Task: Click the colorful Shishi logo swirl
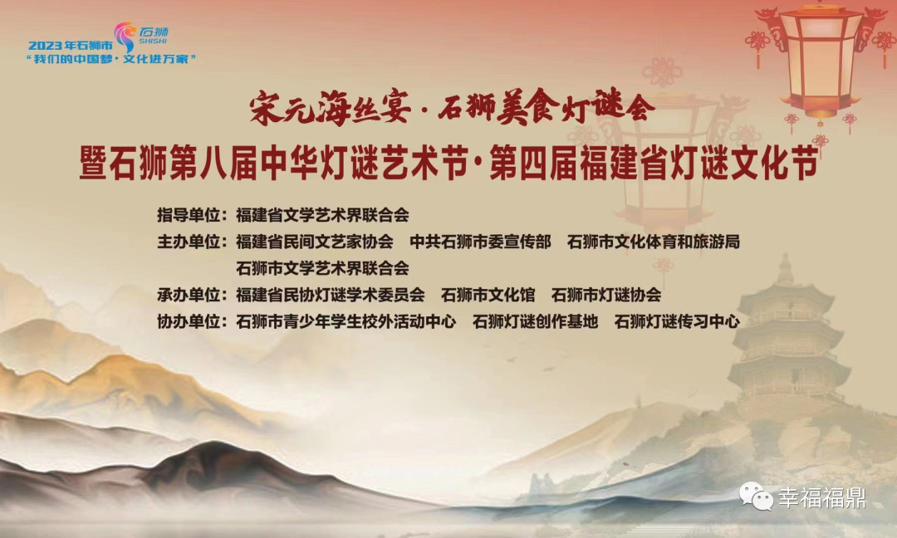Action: click(124, 37)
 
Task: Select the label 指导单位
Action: click(189, 216)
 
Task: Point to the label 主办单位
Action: click(189, 242)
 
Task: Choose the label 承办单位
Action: click(189, 295)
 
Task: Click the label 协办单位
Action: click(189, 322)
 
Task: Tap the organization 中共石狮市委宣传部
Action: click(481, 242)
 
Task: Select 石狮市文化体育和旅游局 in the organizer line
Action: click(654, 242)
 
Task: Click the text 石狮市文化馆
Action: click(488, 295)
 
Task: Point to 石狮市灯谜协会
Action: click(605, 295)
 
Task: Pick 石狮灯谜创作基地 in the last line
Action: click(535, 322)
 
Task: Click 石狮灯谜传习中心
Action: click(677, 322)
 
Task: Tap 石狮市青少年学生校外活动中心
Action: click(346, 322)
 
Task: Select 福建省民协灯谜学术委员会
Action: click(330, 295)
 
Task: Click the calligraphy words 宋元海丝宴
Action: click(330, 107)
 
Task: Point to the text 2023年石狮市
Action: click(71, 46)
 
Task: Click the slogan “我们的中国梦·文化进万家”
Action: click(111, 59)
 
